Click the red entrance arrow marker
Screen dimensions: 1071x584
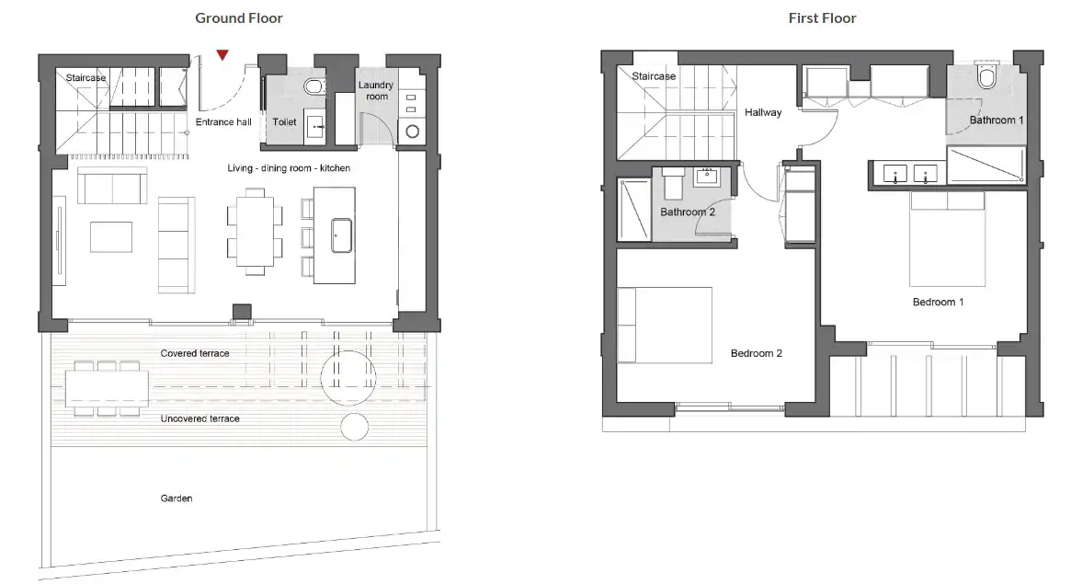(x=222, y=54)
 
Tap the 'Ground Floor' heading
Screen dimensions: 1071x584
(x=239, y=18)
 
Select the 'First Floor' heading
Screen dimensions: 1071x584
(x=823, y=18)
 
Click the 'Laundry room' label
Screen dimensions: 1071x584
(x=376, y=91)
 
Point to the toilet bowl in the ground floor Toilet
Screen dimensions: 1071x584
(x=314, y=86)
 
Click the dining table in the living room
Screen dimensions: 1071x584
(x=255, y=232)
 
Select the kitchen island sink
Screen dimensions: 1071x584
(x=341, y=235)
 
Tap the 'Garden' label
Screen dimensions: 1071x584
(x=177, y=498)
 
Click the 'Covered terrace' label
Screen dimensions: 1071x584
(x=195, y=353)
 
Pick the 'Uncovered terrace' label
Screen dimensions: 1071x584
(x=200, y=418)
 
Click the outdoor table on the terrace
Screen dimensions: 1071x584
(x=108, y=389)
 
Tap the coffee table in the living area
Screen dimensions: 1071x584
(x=111, y=237)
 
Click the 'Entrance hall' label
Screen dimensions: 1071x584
(x=223, y=122)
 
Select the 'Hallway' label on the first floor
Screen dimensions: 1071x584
(x=763, y=113)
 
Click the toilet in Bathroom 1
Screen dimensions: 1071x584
(x=987, y=75)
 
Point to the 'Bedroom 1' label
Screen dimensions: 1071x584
(x=938, y=302)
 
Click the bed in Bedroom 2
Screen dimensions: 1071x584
(x=665, y=326)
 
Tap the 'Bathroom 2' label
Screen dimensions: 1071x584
(x=687, y=212)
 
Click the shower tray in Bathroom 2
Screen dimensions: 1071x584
(x=634, y=210)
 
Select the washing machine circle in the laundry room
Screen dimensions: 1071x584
(x=413, y=132)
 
